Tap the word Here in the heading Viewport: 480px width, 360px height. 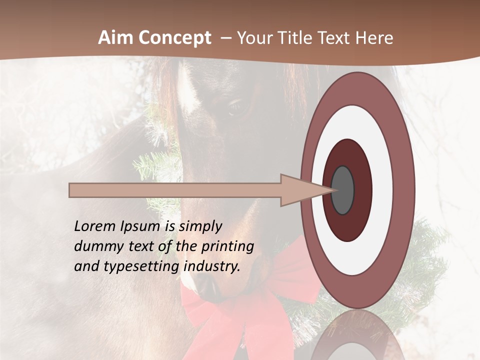click(x=374, y=38)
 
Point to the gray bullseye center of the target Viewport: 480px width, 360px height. click(x=343, y=190)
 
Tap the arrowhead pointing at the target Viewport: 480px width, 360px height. click(x=300, y=190)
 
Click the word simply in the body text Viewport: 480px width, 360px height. click(x=200, y=227)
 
